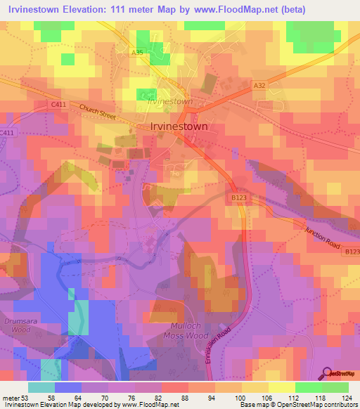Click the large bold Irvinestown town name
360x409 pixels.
point(179,127)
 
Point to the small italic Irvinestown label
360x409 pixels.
point(170,101)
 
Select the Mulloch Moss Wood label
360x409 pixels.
point(189,332)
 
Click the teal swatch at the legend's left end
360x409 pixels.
point(41,387)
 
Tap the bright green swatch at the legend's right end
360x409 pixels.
point(335,387)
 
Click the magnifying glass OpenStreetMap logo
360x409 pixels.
point(327,375)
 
